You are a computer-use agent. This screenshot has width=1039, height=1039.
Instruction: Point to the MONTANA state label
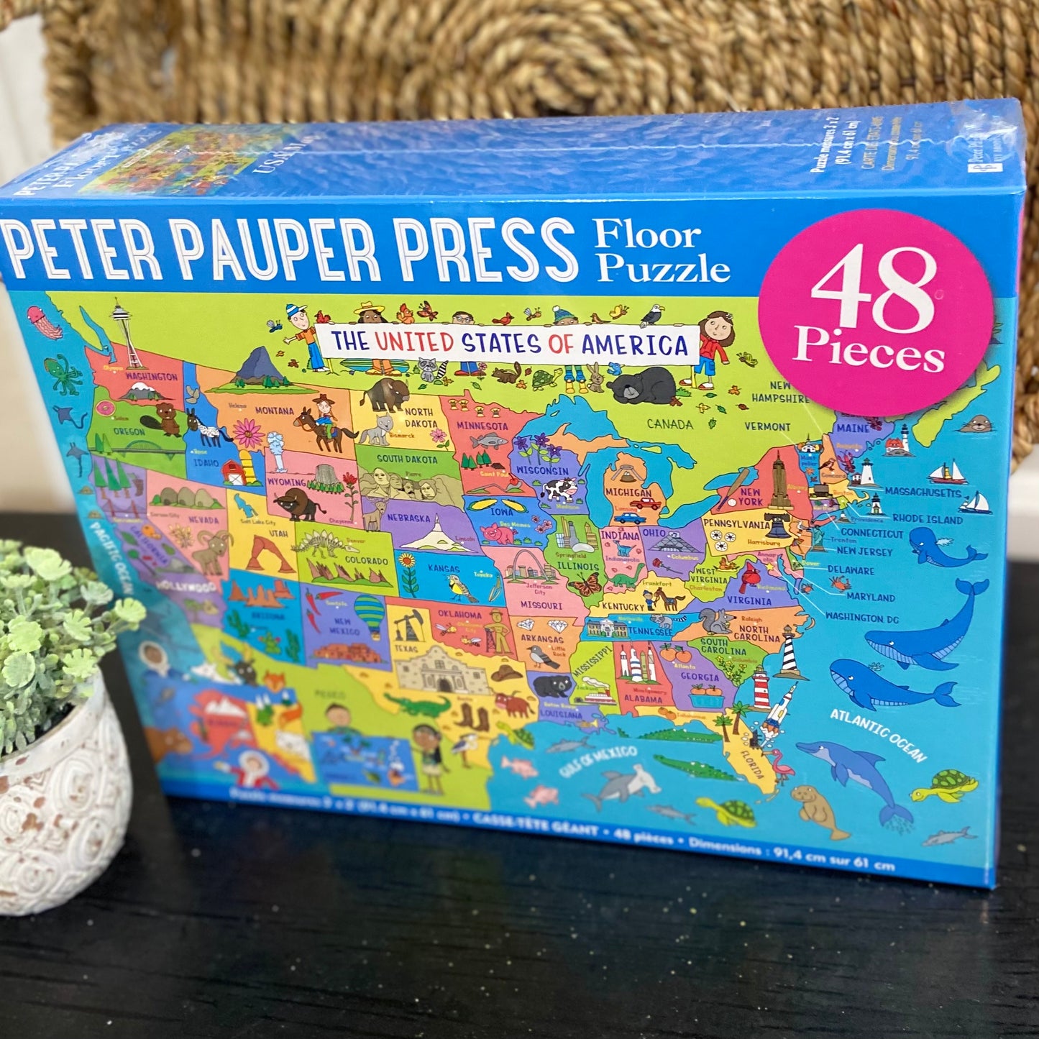274,411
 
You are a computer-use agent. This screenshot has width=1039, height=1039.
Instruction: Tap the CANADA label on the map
669,424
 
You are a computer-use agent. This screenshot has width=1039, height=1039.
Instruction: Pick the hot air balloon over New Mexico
369,613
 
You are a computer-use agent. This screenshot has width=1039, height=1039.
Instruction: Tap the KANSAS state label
444,569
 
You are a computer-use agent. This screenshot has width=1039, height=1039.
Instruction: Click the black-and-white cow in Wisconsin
559,491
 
